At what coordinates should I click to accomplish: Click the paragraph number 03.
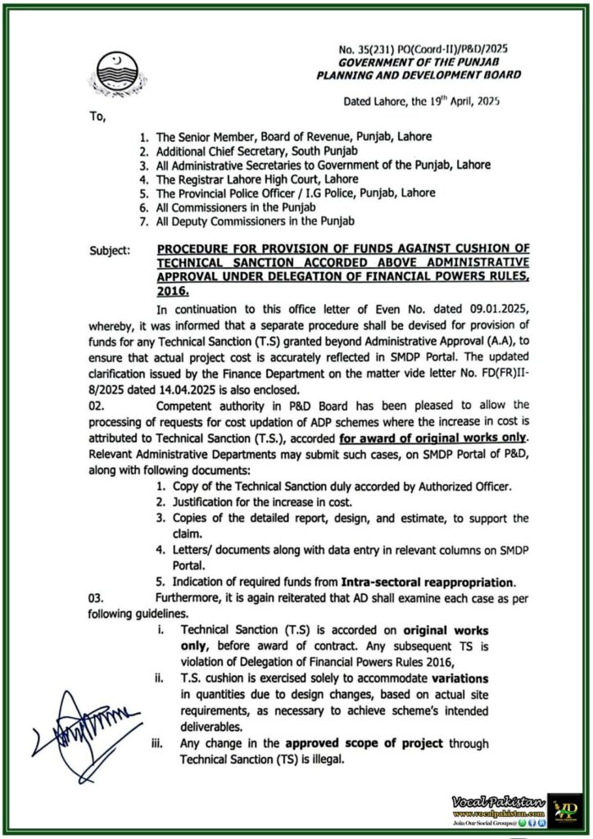coord(97,598)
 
